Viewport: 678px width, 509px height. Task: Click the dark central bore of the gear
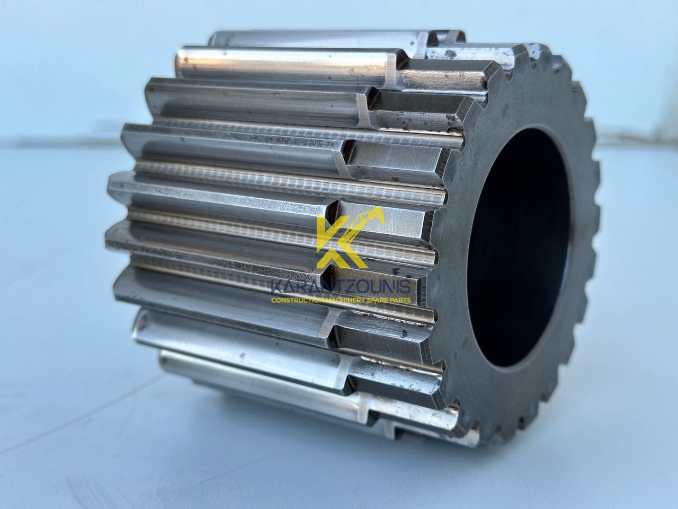coord(519,247)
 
